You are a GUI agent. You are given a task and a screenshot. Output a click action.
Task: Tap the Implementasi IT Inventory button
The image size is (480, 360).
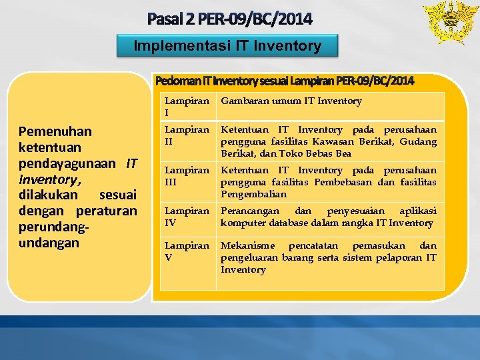(x=227, y=46)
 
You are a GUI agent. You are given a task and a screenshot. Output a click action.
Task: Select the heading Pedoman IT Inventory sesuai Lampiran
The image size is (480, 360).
(x=284, y=81)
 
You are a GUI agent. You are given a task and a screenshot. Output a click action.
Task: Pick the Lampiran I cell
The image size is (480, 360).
(x=187, y=106)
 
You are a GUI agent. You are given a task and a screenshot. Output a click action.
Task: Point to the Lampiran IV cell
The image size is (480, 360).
(x=187, y=217)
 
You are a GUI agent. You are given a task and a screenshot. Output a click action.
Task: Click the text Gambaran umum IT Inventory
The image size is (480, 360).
(x=291, y=101)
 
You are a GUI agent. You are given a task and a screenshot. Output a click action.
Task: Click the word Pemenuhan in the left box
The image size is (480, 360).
(x=55, y=131)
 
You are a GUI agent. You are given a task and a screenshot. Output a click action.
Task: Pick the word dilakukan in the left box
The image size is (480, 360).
(x=49, y=195)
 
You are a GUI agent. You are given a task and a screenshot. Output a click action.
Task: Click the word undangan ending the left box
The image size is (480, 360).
(x=49, y=242)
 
